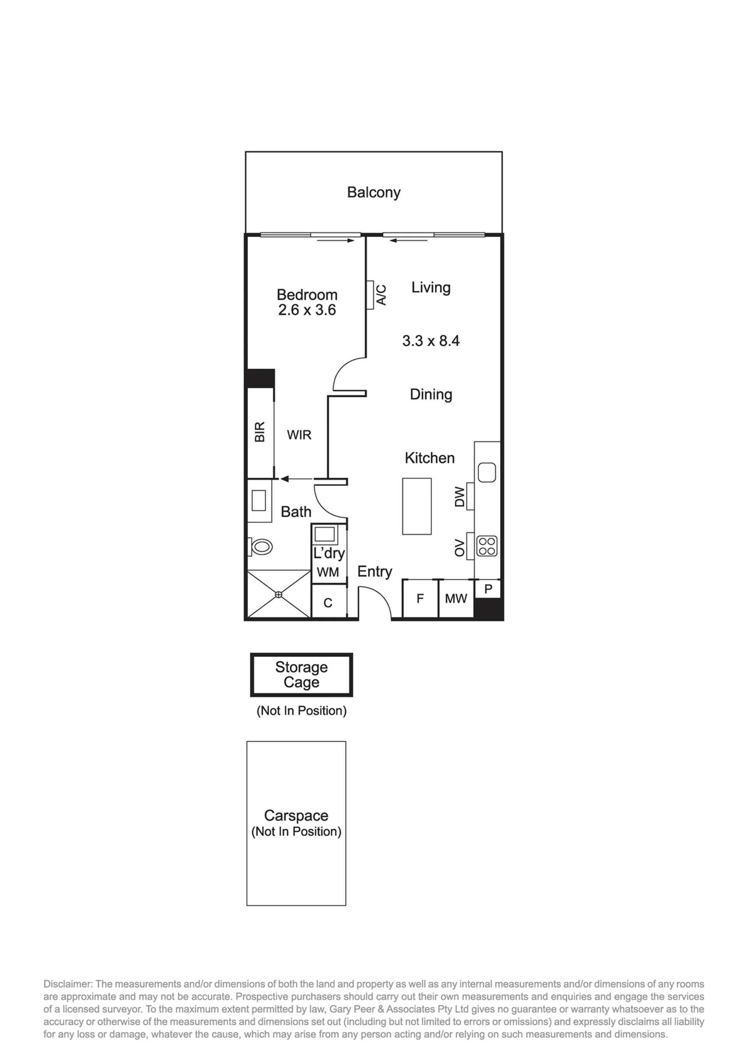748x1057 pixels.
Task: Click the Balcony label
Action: click(374, 192)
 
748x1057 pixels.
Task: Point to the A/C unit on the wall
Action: click(370, 295)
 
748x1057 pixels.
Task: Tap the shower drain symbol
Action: click(278, 595)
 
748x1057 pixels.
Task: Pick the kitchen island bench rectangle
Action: click(417, 506)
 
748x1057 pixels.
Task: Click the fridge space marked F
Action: click(420, 598)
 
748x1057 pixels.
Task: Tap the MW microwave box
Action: click(456, 598)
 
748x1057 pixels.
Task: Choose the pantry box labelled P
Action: click(488, 588)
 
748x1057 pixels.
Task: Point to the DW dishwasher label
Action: click(460, 496)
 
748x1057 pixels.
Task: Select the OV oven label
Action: click(460, 547)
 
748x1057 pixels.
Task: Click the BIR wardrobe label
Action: click(260, 432)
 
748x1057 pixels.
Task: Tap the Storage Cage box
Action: click(301, 675)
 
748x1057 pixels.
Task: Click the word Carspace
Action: click(296, 816)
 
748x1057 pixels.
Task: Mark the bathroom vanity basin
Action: click(258, 501)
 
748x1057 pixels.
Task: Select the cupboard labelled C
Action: click(328, 601)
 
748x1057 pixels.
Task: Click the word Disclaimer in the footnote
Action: click(68, 984)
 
